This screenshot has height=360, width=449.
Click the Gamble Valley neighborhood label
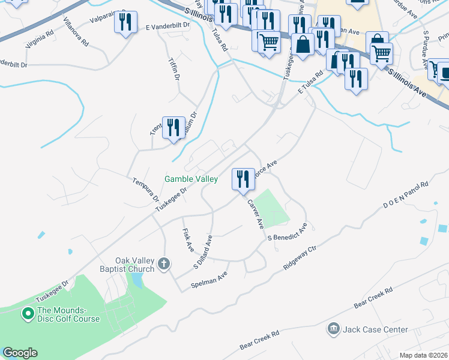191,179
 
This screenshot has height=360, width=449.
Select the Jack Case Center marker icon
333,329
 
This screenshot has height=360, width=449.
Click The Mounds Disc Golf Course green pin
27,313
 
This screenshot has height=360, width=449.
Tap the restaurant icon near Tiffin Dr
173,128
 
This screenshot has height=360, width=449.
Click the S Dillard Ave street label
203,253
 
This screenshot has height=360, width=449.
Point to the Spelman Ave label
209,280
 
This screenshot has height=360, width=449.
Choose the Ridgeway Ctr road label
304,257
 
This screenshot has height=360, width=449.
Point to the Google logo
20,353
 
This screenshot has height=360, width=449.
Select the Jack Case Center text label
375,329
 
